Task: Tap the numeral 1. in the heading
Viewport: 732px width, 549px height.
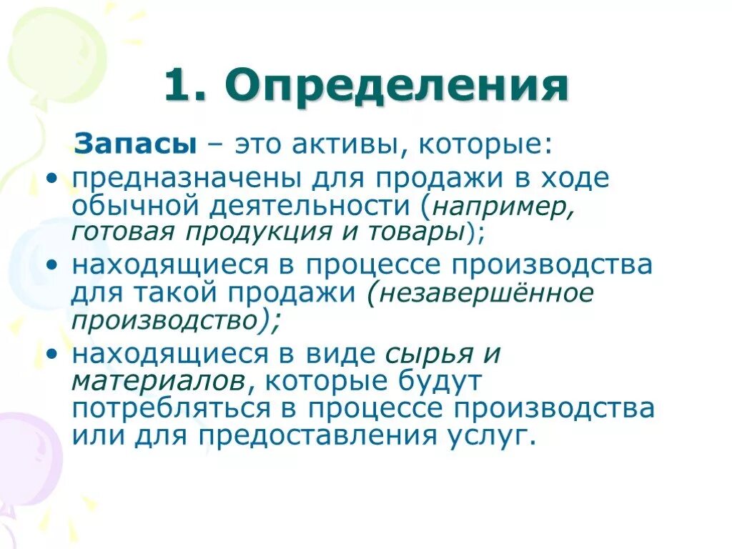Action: [184, 87]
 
